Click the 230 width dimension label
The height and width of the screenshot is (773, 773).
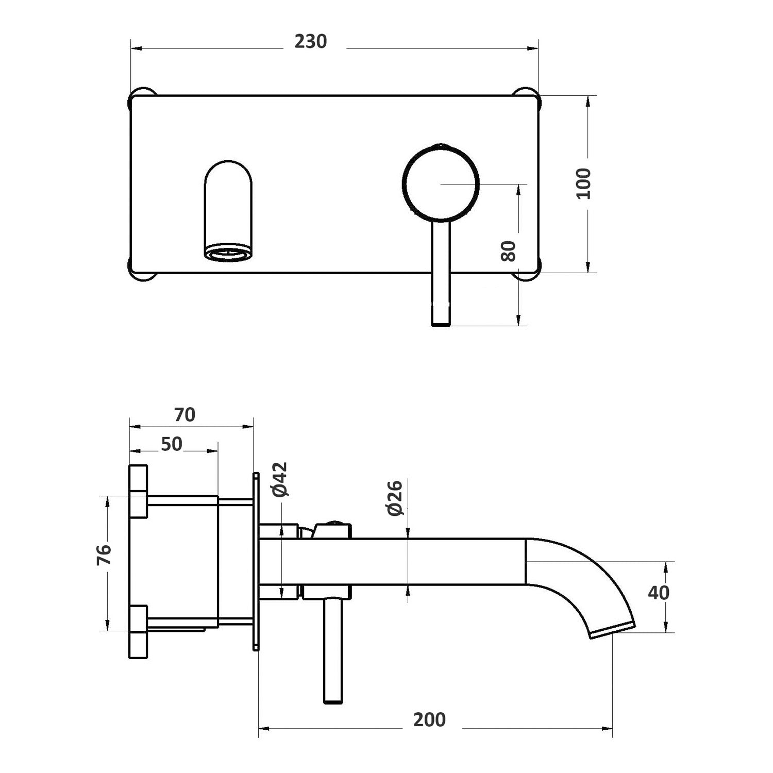pyautogui.click(x=311, y=42)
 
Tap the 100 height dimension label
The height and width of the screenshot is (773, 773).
pyautogui.click(x=584, y=184)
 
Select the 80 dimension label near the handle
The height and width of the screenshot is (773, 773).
pyautogui.click(x=509, y=251)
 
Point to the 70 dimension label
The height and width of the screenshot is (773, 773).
pyautogui.click(x=184, y=415)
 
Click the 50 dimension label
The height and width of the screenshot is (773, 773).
pyautogui.click(x=172, y=444)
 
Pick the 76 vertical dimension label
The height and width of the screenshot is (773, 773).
pyautogui.click(x=104, y=556)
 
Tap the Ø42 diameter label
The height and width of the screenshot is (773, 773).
pyautogui.click(x=280, y=479)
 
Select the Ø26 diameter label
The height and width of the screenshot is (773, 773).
pyautogui.click(x=395, y=498)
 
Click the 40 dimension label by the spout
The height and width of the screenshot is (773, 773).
pyautogui.click(x=659, y=593)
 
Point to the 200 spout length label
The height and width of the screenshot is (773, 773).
pyautogui.click(x=429, y=720)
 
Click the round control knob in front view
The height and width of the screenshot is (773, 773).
pyautogui.click(x=441, y=184)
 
